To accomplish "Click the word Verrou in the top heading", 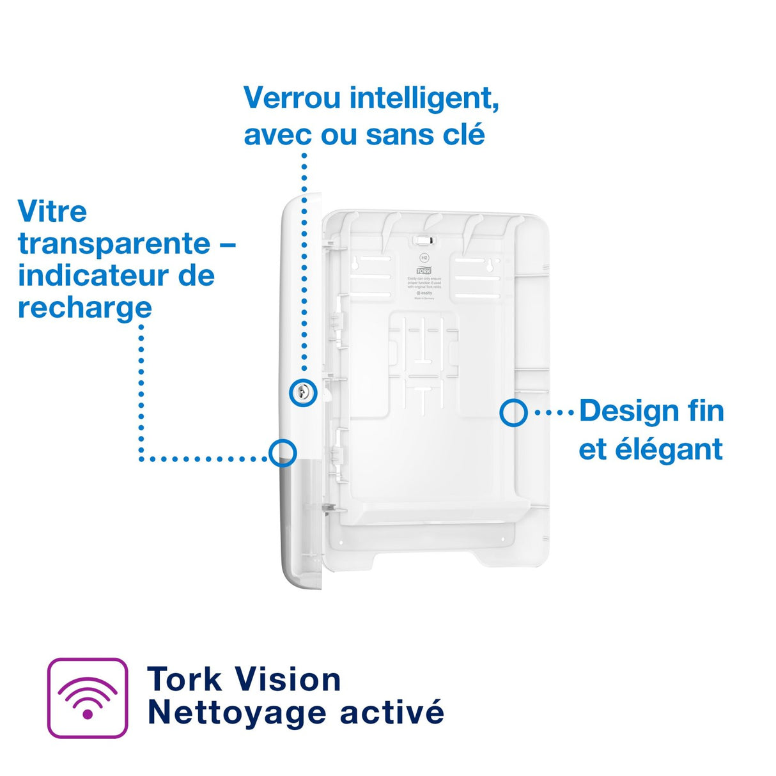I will [293, 98].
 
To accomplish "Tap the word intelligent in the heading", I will [424, 98].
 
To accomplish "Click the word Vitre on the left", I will [52, 212].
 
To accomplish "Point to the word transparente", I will [114, 244].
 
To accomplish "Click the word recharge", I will [84, 308].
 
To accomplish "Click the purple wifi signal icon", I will [88, 698].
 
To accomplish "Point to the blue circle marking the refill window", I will [283, 453].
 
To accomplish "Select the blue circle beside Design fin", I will [513, 413].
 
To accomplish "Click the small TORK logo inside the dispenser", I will [424, 270].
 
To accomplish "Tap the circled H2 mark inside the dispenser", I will [424, 258].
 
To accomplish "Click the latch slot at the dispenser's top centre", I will [424, 240].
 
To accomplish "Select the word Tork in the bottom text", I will [185, 679].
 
